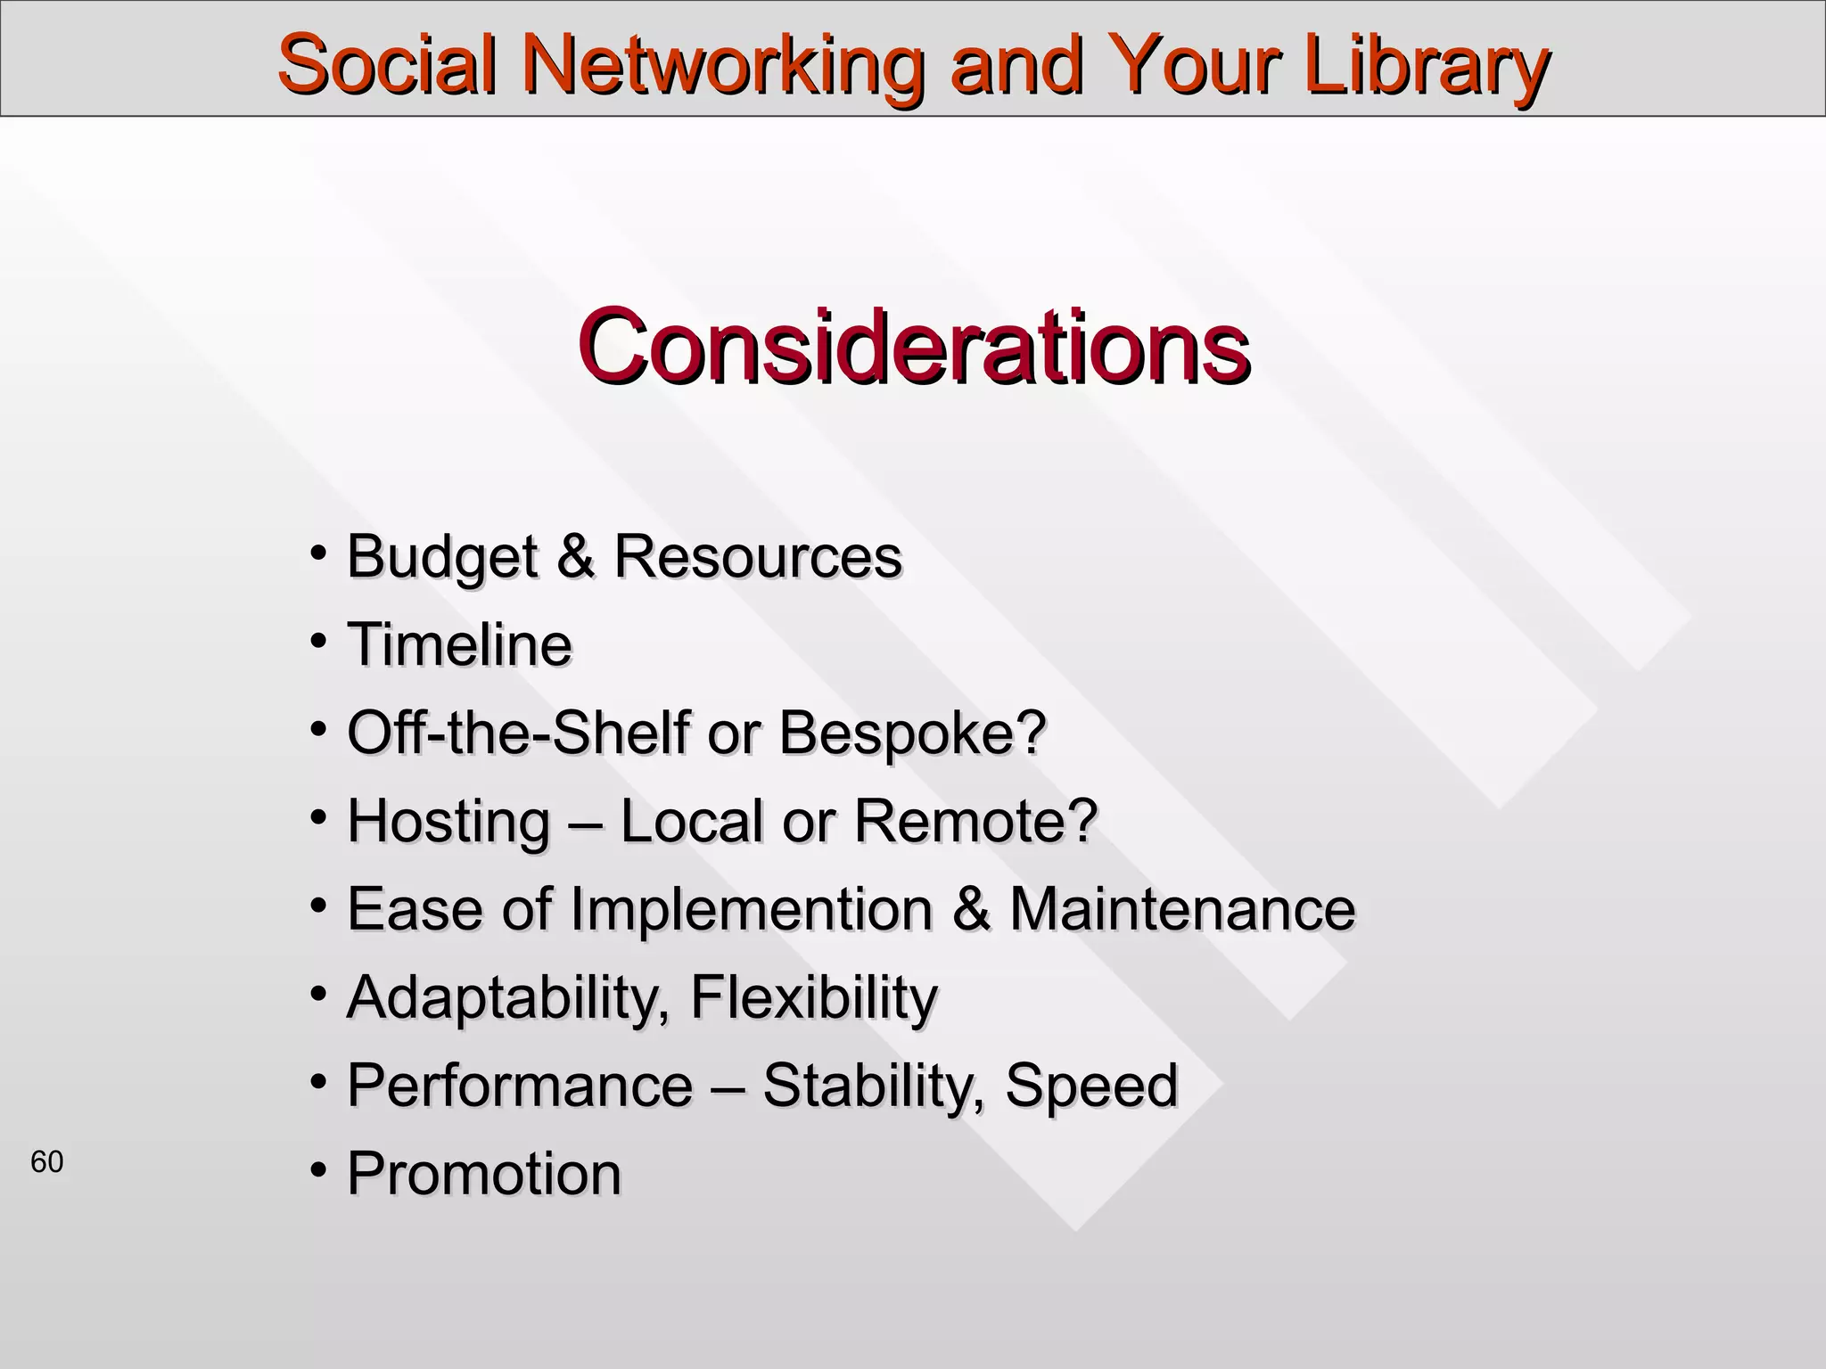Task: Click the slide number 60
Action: click(47, 1162)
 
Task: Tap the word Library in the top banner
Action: click(1427, 64)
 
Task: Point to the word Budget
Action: click(442, 557)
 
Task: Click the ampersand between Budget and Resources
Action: click(576, 555)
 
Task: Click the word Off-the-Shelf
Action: click(518, 733)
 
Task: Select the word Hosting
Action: click(448, 821)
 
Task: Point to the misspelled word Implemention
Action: click(751, 909)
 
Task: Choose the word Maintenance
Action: click(1181, 909)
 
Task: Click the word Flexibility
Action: click(813, 997)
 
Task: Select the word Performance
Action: click(520, 1086)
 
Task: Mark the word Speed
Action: click(1091, 1086)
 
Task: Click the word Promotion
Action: click(484, 1173)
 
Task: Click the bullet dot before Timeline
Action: click(317, 640)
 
